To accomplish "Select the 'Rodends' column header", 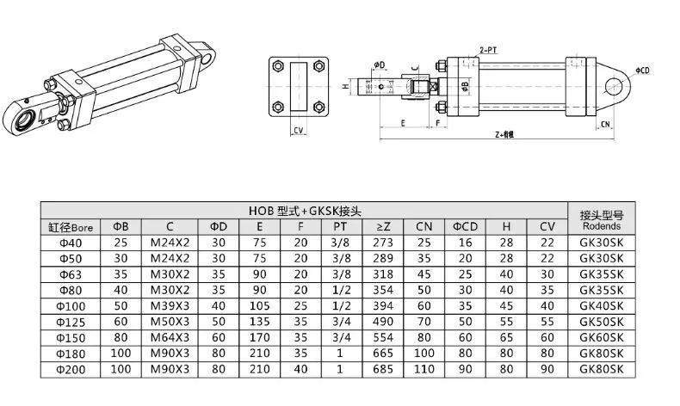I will pyautogui.click(x=602, y=227).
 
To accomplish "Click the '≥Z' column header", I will pyautogui.click(x=384, y=227).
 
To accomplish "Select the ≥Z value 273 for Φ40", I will pyautogui.click(x=384, y=243).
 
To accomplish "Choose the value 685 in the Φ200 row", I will pyautogui.click(x=384, y=368).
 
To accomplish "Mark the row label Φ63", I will pyautogui.click(x=70, y=274).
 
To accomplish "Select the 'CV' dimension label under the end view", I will pyautogui.click(x=298, y=131).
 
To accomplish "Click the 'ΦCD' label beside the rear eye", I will pyautogui.click(x=643, y=71).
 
